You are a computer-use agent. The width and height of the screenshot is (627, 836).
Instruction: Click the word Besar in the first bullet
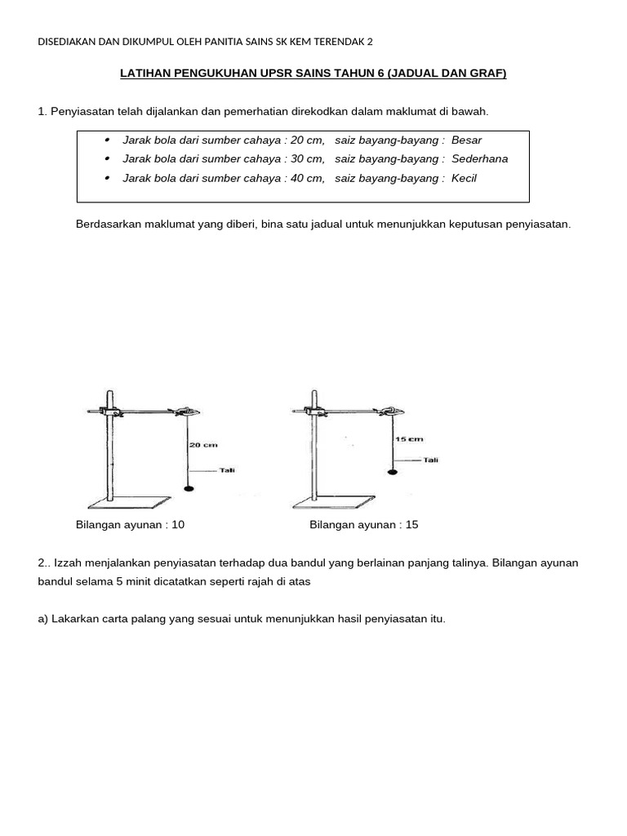466,140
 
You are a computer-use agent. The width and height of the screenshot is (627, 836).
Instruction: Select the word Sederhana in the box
479,158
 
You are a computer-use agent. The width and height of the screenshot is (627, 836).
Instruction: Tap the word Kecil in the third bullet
464,178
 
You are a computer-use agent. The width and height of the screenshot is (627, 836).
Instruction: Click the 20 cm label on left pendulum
203,445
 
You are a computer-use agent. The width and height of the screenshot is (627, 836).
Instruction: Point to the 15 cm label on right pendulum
409,439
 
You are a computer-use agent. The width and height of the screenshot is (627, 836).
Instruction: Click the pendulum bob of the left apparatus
189,488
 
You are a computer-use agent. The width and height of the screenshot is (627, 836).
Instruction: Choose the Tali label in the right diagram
430,460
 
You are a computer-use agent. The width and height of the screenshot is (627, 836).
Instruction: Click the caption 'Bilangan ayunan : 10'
130,525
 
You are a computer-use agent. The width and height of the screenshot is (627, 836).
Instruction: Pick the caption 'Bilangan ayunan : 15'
363,525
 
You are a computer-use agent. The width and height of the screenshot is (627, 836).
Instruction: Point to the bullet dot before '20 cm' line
109,140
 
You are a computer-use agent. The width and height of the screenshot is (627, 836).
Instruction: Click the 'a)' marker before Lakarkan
43,619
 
